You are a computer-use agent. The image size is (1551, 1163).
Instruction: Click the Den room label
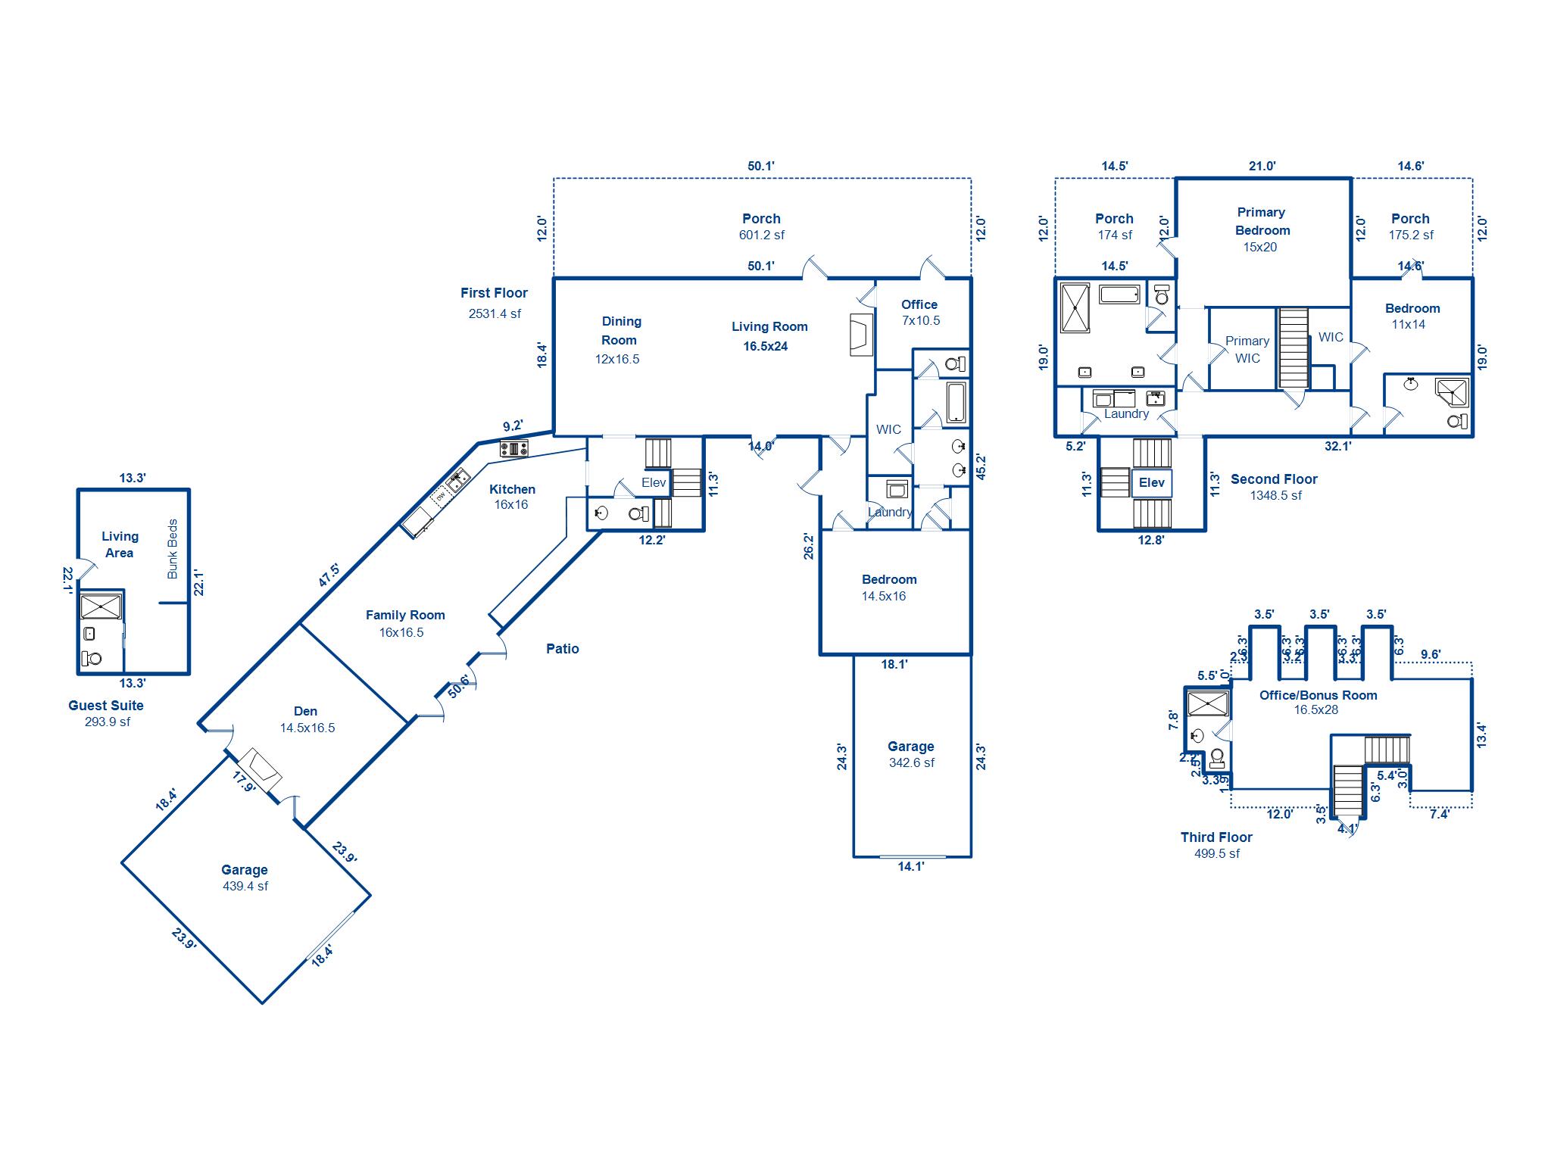click(305, 711)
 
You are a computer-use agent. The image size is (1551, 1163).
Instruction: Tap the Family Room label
click(405, 615)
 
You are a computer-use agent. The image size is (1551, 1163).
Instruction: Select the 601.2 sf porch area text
click(761, 235)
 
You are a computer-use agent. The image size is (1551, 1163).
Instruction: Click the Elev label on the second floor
click(1151, 483)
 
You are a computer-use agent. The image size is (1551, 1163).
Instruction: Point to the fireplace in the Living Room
click(862, 334)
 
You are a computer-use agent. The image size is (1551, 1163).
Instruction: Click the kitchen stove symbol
click(513, 449)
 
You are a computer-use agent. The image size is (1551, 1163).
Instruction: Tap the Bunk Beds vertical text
click(173, 549)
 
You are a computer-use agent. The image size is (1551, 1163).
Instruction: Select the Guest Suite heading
click(106, 706)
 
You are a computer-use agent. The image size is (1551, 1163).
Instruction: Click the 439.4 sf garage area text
click(245, 887)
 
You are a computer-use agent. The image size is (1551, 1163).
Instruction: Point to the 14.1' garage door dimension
click(911, 867)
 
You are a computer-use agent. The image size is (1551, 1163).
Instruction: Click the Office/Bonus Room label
click(1318, 695)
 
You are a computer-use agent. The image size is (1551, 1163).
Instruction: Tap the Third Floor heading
click(1216, 837)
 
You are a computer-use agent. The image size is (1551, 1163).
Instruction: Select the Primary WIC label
click(1247, 349)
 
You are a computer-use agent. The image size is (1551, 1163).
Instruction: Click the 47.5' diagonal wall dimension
click(329, 575)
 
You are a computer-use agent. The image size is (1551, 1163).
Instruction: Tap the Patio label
click(562, 649)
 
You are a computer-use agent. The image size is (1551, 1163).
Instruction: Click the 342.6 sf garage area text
click(911, 763)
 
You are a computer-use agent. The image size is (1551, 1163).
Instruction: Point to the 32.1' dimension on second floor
click(1337, 447)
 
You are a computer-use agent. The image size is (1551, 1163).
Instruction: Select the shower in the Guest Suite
click(101, 606)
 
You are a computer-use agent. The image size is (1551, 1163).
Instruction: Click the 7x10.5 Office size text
click(920, 321)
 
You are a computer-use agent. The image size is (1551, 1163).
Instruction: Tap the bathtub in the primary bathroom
click(1119, 294)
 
